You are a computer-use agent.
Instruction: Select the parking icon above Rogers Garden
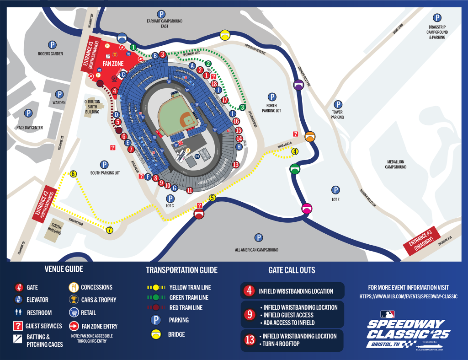point(53,45)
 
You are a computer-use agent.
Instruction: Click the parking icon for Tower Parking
point(338,105)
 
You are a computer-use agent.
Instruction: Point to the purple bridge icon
point(298,84)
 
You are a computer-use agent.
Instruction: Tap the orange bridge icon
point(310,136)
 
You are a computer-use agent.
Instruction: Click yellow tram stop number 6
point(73,173)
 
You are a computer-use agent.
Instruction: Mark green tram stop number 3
point(243,107)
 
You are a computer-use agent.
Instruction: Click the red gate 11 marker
point(190,190)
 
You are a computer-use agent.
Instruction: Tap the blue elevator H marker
point(239,147)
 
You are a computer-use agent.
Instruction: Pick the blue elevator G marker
point(174,188)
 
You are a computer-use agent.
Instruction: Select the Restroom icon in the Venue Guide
point(19,313)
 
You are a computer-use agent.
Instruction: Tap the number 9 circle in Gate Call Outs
point(249,314)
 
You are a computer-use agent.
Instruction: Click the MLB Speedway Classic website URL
point(409,296)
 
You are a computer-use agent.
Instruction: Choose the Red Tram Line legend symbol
point(156,307)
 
